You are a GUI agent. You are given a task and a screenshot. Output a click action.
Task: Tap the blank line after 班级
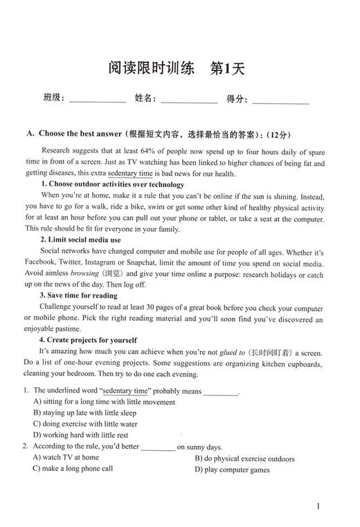point(98,101)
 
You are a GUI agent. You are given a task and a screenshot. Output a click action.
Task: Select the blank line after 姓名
point(189,101)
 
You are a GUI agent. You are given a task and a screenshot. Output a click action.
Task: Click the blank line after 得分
point(280,101)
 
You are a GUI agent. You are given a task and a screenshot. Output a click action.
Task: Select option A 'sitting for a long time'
point(104,402)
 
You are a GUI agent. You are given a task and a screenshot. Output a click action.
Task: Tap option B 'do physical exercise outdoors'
point(244,458)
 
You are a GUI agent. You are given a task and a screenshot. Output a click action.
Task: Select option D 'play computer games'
point(232,470)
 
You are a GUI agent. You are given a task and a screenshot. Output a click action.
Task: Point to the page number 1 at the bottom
point(318,506)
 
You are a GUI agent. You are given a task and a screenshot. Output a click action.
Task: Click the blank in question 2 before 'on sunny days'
point(159,447)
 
